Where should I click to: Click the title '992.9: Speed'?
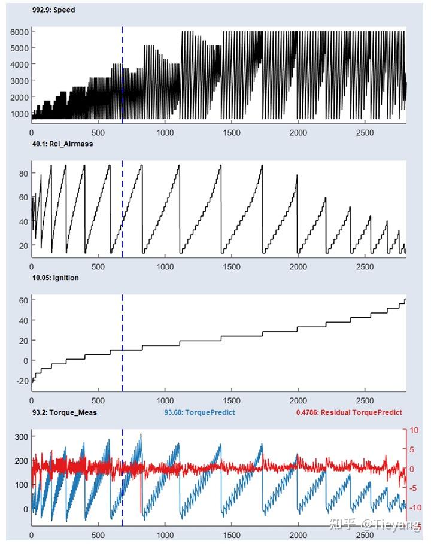click(53, 10)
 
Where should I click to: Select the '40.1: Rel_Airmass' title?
click(62, 144)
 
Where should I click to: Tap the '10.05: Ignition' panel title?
click(56, 278)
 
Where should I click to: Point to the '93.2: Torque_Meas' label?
click(65, 412)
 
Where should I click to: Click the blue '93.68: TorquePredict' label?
click(199, 412)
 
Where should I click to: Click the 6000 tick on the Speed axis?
click(19, 32)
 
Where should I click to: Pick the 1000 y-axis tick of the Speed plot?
click(19, 114)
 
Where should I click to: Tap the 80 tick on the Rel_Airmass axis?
click(23, 173)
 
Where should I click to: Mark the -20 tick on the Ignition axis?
click(22, 381)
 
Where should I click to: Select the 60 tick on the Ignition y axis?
click(23, 300)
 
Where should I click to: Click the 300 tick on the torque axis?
click(22, 437)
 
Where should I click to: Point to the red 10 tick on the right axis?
click(414, 430)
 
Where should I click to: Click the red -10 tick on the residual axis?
click(415, 507)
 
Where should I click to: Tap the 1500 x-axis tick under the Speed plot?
click(232, 132)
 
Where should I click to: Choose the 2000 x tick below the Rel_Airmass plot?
click(298, 266)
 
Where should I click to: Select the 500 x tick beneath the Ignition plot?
click(98, 400)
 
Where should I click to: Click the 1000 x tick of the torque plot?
click(165, 535)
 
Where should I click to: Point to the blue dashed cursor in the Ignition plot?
click(123, 343)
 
